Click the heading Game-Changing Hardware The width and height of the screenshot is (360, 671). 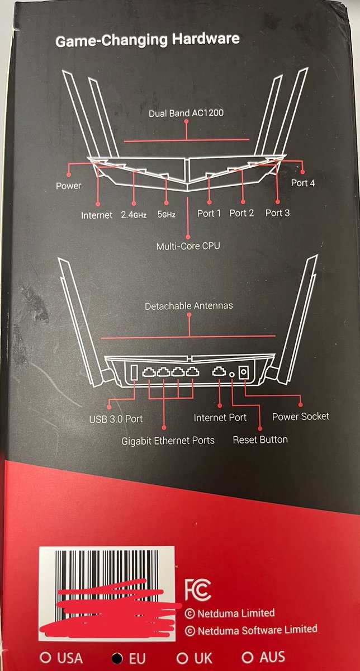[x=147, y=39]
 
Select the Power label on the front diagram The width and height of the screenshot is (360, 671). [x=68, y=186]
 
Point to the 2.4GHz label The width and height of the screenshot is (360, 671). [x=134, y=214]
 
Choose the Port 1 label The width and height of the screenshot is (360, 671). [x=209, y=213]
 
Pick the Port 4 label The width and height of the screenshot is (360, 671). [x=303, y=183]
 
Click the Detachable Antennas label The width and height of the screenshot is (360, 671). [x=189, y=306]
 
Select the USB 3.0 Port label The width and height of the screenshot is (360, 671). [x=116, y=418]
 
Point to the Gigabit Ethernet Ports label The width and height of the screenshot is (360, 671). [x=168, y=441]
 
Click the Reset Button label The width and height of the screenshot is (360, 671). [x=260, y=440]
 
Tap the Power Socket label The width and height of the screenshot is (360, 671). [x=300, y=416]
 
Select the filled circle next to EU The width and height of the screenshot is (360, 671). [x=117, y=658]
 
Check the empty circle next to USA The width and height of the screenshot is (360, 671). [x=43, y=658]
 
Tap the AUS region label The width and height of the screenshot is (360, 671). [x=272, y=656]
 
